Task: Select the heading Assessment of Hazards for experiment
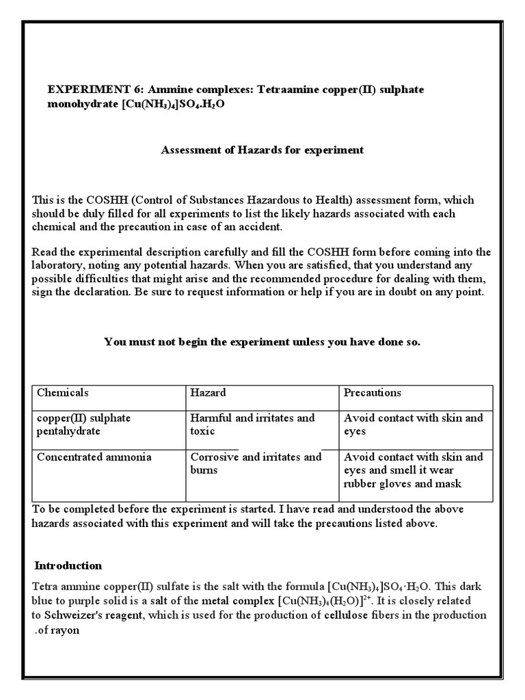point(262,150)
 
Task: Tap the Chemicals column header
point(63,393)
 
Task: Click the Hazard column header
point(208,393)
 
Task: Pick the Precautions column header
point(372,393)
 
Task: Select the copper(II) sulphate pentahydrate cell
point(84,425)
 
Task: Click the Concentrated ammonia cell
point(94,457)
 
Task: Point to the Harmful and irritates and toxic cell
point(252,425)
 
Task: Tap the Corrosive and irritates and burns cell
point(255,463)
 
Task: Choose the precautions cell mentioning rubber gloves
point(413,470)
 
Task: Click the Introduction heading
point(68,565)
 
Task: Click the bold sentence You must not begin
point(262,342)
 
